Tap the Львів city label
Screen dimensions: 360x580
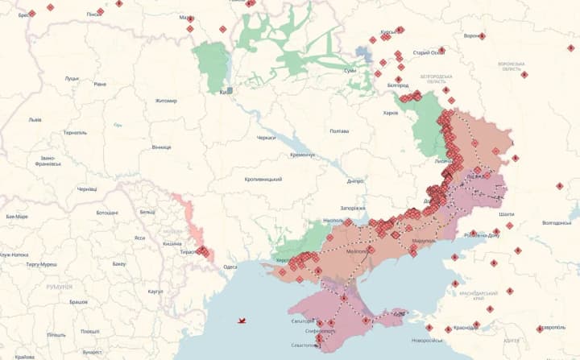(x=35, y=119)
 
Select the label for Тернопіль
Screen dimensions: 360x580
(x=74, y=132)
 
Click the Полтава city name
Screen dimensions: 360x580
(x=339, y=130)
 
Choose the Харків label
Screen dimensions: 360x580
(x=390, y=113)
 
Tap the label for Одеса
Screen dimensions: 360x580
(x=230, y=267)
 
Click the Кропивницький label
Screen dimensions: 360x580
(x=263, y=179)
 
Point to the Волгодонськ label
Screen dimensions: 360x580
(x=557, y=223)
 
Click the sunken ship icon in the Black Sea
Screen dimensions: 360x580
(x=241, y=321)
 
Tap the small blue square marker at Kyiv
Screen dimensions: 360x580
(x=230, y=91)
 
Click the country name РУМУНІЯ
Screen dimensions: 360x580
(x=59, y=287)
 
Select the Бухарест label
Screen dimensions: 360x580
(x=92, y=352)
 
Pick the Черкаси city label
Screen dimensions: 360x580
(x=266, y=138)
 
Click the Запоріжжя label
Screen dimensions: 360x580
(x=353, y=208)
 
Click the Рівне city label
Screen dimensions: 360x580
(x=100, y=84)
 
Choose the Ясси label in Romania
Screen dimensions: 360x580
(x=139, y=238)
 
